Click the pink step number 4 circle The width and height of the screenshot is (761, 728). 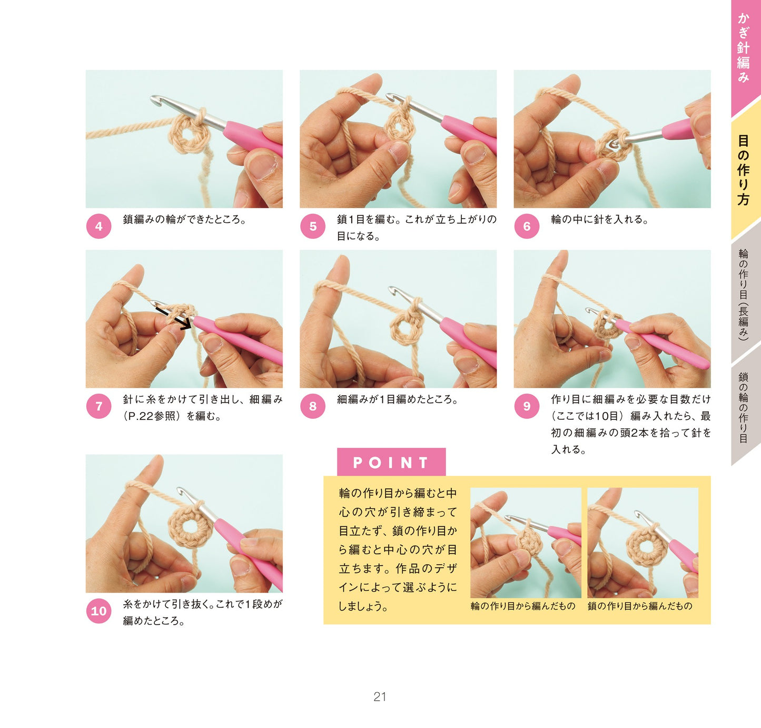pyautogui.click(x=98, y=226)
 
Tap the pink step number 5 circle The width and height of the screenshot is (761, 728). pyautogui.click(x=313, y=226)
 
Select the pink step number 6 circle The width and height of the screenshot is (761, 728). pyautogui.click(x=527, y=226)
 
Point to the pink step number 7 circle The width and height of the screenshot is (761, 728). pyautogui.click(x=98, y=406)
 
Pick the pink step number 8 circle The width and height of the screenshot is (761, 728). pyautogui.click(x=313, y=406)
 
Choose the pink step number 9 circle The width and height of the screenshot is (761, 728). pyautogui.click(x=527, y=406)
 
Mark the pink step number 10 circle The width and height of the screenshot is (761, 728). pyautogui.click(x=98, y=611)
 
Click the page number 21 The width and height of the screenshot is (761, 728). pyautogui.click(x=380, y=697)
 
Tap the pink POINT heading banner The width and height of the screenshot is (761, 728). pyautogui.click(x=391, y=462)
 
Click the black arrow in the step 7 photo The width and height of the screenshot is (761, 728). pyautogui.click(x=174, y=318)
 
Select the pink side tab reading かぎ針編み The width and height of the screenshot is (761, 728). pyautogui.click(x=745, y=55)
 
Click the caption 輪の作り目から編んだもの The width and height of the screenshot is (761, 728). pyautogui.click(x=523, y=606)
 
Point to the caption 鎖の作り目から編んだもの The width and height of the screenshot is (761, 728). pyautogui.click(x=640, y=606)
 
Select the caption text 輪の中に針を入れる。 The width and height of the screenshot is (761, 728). pyautogui.click(x=599, y=220)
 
